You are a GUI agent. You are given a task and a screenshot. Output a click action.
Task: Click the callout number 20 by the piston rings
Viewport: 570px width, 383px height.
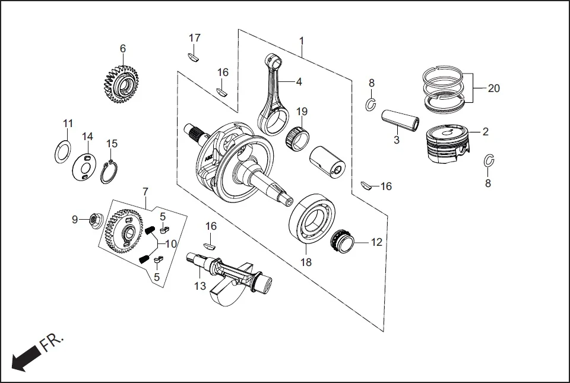pos(493,88)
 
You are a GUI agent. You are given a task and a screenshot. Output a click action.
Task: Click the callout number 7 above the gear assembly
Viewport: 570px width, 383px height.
pos(145,192)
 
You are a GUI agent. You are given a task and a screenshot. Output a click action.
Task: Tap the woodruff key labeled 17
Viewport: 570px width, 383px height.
pos(194,58)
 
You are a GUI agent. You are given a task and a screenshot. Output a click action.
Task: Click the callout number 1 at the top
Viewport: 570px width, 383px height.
pos(301,41)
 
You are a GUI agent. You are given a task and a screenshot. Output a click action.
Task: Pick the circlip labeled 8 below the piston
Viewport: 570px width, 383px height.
pos(489,161)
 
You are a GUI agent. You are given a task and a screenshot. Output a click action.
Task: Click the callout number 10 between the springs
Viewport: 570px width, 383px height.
pos(170,243)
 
